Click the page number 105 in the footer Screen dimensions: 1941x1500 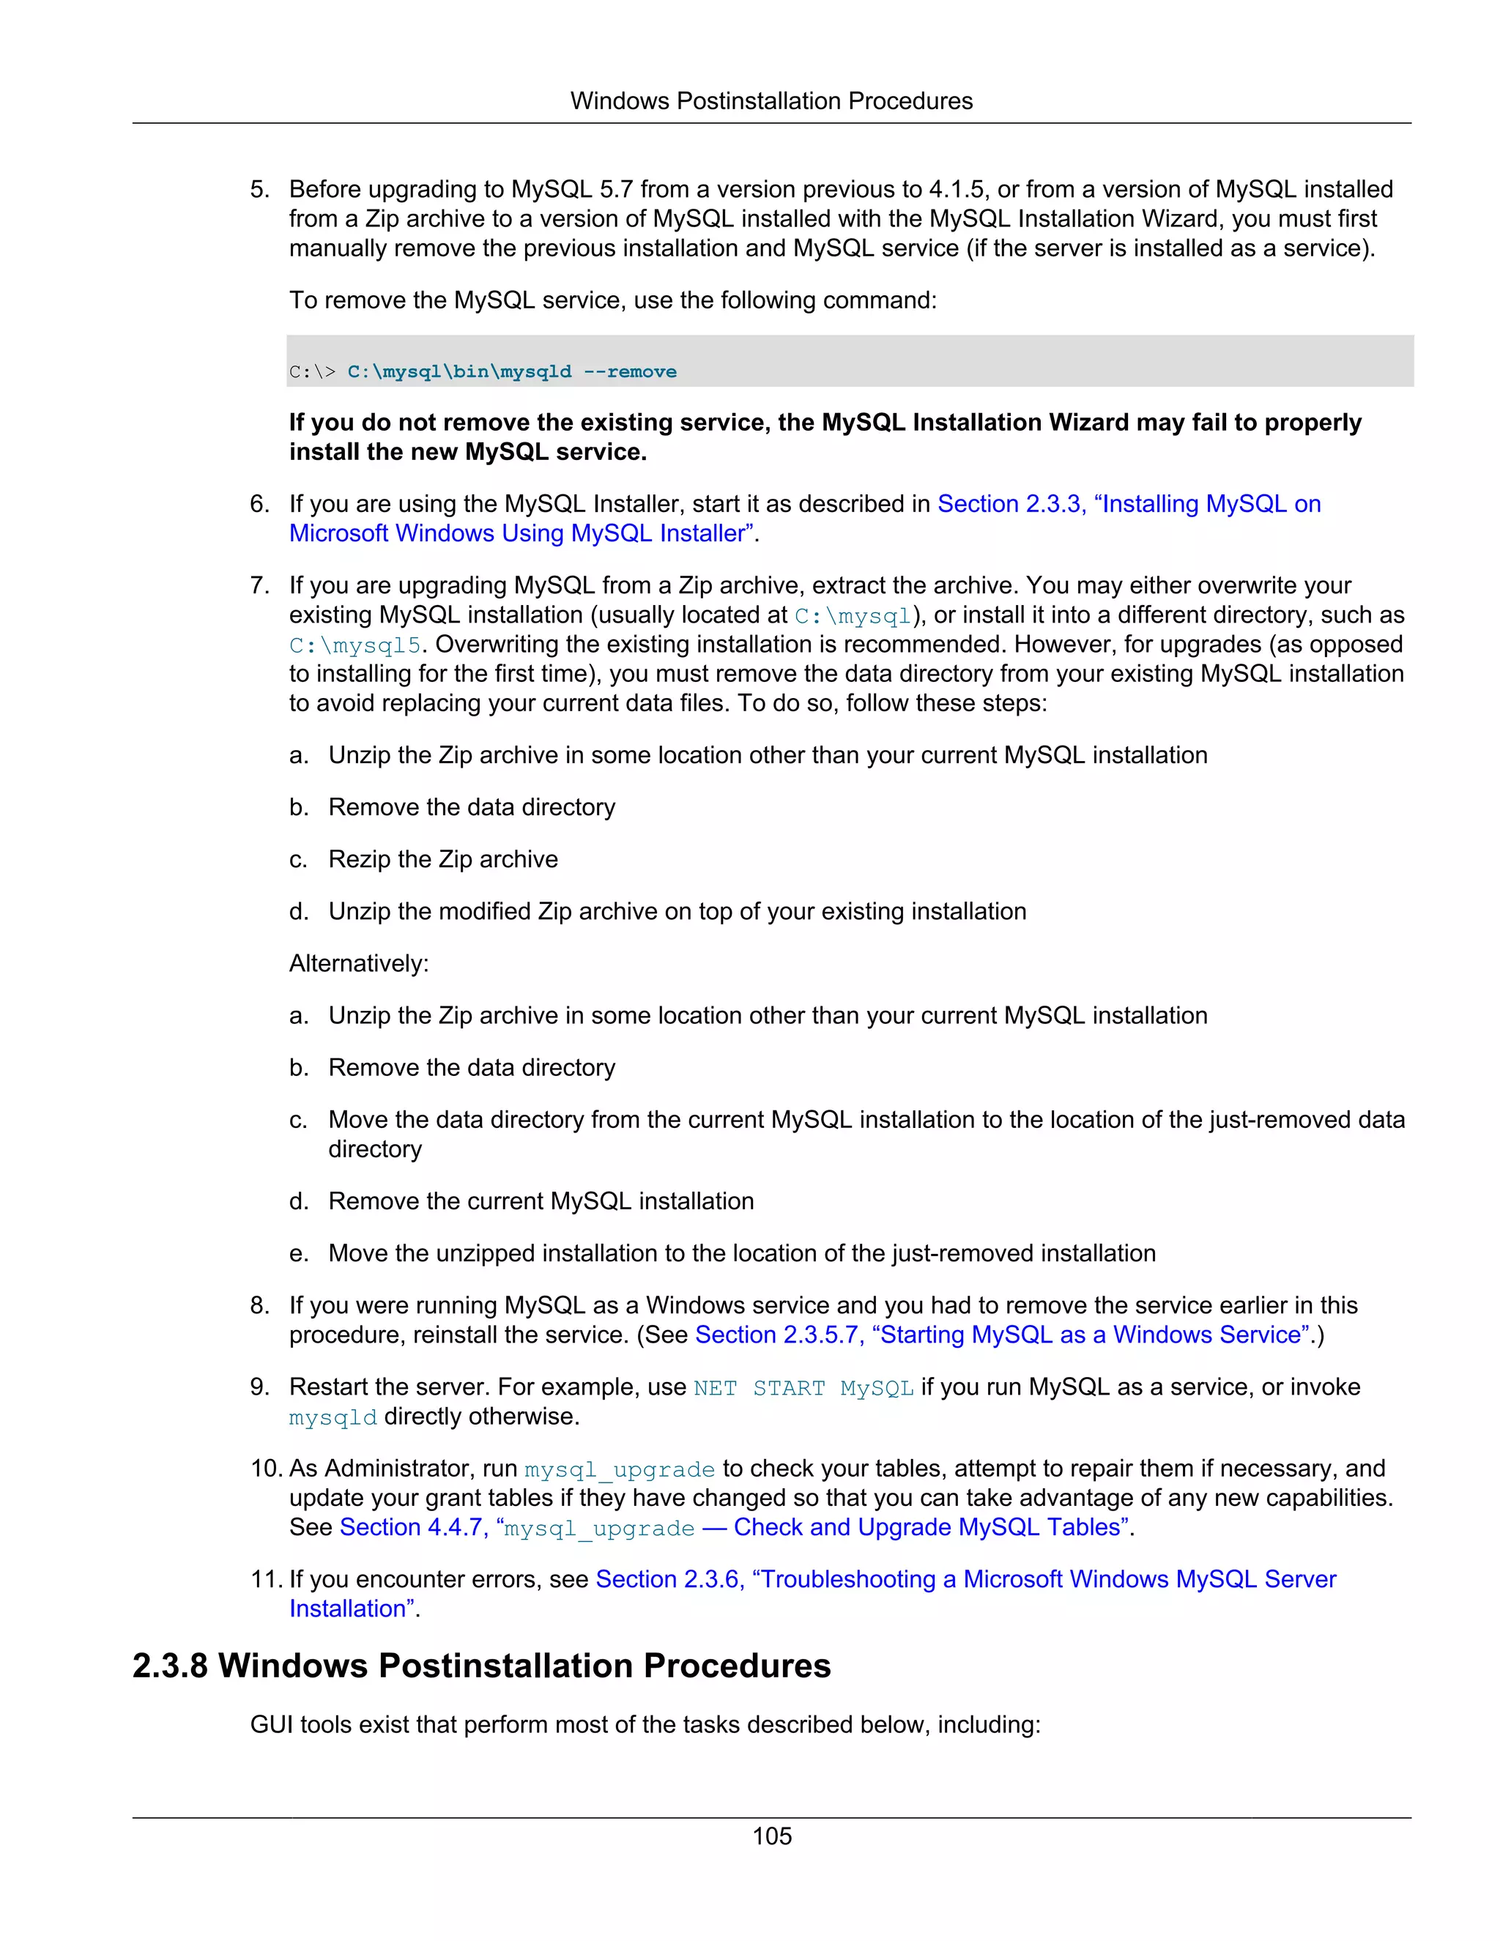(771, 1836)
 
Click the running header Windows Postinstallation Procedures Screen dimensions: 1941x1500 (771, 100)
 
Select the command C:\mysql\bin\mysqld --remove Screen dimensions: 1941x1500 (511, 371)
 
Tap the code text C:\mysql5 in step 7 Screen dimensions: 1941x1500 (354, 645)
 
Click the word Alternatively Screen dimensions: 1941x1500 (358, 963)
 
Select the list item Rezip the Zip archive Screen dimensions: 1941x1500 (442, 859)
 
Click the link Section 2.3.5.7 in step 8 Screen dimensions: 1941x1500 (776, 1335)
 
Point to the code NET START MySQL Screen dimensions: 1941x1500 (803, 1388)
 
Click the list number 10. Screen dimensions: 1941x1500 (266, 1468)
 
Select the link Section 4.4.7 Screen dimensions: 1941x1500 (411, 1528)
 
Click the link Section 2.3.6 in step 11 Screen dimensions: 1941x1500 (667, 1579)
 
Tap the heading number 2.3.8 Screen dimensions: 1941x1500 (170, 1666)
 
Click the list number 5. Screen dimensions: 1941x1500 (259, 189)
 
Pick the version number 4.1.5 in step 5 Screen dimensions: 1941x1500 (956, 189)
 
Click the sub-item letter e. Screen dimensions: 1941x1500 (297, 1254)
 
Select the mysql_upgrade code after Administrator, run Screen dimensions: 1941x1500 (620, 1470)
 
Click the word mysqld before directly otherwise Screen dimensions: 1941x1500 (333, 1417)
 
